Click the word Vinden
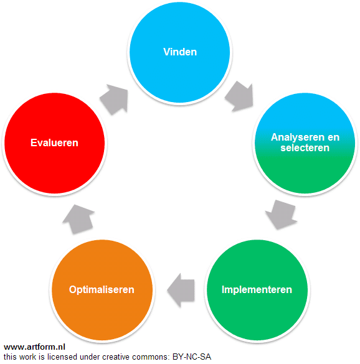(180, 52)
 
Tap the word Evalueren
(54, 142)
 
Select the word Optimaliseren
(102, 290)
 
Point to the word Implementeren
(257, 289)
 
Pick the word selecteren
(305, 147)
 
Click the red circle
(55, 143)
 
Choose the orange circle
(102, 290)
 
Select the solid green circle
(257, 290)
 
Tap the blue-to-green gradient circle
(305, 143)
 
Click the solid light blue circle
(180, 52)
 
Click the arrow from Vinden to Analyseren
(240, 96)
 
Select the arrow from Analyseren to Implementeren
(282, 215)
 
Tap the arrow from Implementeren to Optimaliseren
(181, 290)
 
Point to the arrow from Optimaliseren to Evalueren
(78, 219)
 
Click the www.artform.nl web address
(34, 347)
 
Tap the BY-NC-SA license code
(192, 357)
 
